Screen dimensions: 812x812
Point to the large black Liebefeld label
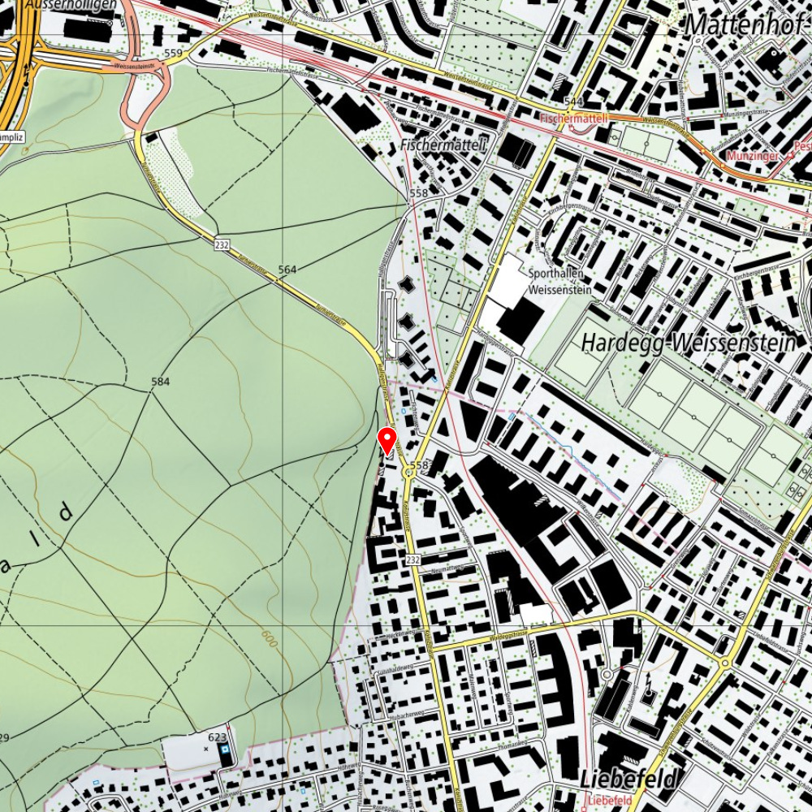pos(627,780)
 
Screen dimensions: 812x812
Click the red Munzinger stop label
pos(754,154)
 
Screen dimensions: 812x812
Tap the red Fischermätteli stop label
pos(575,119)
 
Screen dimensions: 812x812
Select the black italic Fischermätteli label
pos(443,145)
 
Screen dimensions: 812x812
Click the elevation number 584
pos(160,381)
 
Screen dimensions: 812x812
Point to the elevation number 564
pos(287,269)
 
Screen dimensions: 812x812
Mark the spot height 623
pos(217,736)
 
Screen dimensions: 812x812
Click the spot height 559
pos(173,54)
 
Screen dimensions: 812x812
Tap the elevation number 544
pos(573,101)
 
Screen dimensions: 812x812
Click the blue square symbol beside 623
pos(225,750)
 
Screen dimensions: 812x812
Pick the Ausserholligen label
pos(69,5)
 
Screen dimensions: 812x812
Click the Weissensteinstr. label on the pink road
pos(135,66)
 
